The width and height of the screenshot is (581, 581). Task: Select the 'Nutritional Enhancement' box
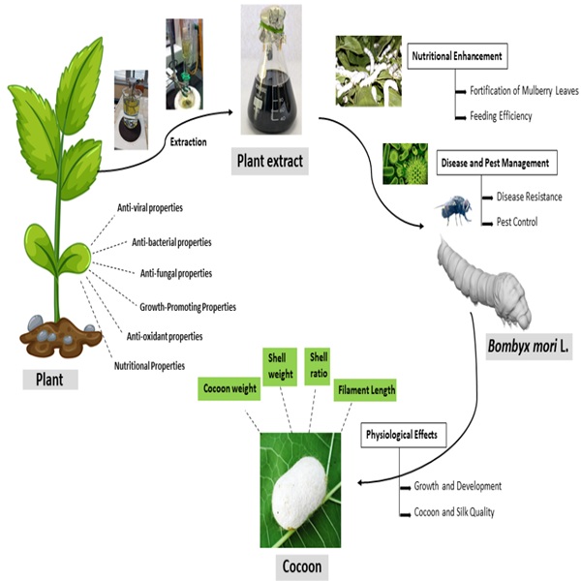pyautogui.click(x=455, y=56)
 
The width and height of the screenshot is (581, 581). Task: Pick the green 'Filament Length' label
pyautogui.click(x=366, y=390)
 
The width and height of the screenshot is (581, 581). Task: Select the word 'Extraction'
pyautogui.click(x=188, y=142)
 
